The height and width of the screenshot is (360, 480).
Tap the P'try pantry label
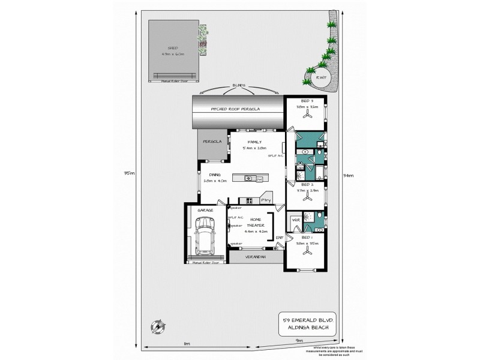266,200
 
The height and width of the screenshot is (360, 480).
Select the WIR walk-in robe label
295,221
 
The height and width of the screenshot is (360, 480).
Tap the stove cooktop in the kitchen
244,200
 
